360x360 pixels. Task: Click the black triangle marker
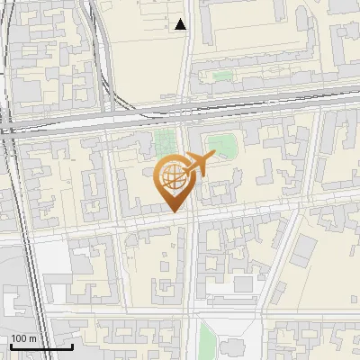coord(181,25)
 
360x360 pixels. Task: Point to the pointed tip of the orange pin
coord(174,212)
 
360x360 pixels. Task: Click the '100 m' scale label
coord(24,338)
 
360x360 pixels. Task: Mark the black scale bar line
coord(41,346)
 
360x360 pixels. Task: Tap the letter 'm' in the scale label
coord(32,338)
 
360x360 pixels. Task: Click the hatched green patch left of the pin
coord(164,142)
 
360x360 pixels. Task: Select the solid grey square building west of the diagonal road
coord(243,284)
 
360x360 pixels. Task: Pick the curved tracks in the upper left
coord(99,54)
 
